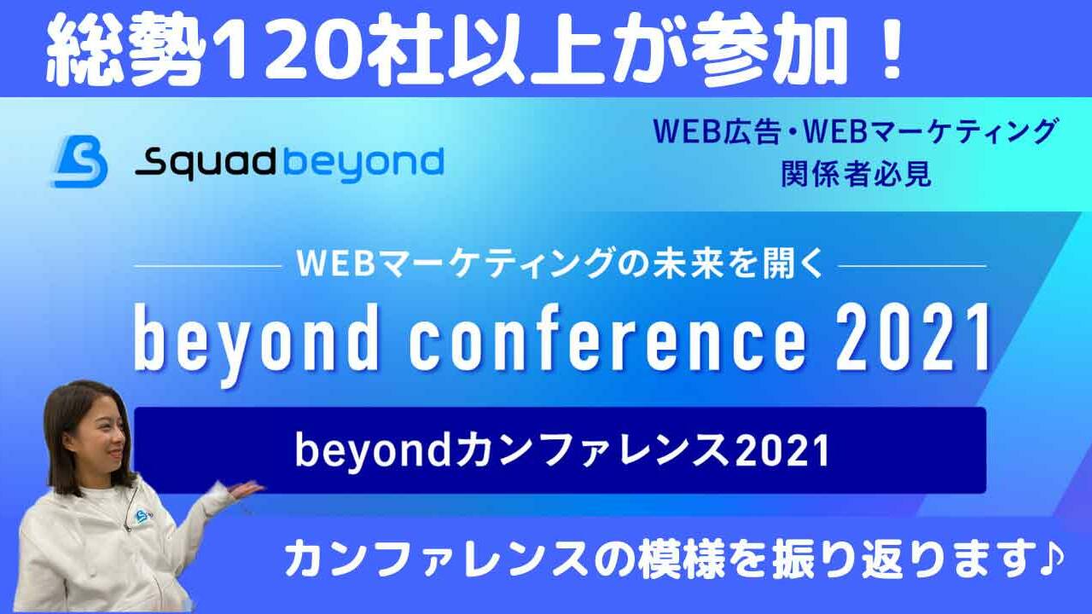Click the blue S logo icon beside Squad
pos(79,161)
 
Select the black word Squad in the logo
pos(206,163)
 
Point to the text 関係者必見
pos(856,173)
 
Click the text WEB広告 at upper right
pos(717,131)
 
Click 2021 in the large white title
pos(913,338)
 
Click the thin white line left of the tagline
pos(208,266)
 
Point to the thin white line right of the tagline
pos(913,266)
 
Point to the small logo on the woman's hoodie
pos(142,516)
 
